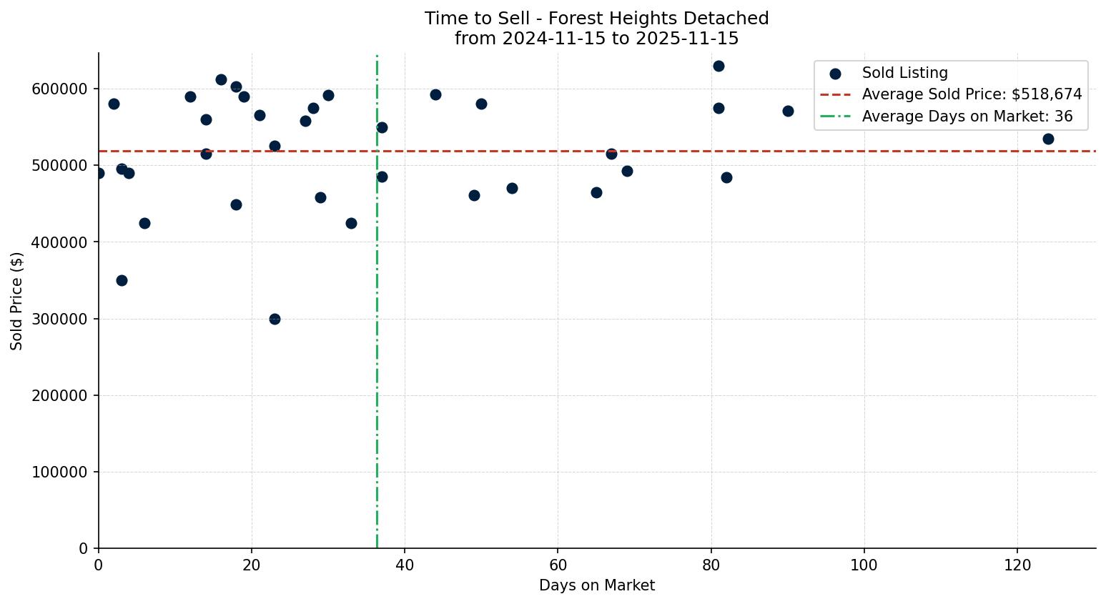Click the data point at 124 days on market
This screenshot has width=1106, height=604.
(1048, 139)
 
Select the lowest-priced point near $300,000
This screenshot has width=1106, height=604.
(275, 319)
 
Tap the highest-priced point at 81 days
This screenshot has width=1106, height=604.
(719, 66)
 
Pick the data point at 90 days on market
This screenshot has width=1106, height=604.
(788, 111)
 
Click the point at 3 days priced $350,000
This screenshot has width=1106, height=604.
(122, 280)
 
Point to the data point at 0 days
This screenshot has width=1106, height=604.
(99, 173)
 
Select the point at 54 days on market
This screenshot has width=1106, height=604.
(512, 188)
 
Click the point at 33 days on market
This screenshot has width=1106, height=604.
(351, 223)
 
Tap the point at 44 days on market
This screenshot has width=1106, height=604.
(435, 94)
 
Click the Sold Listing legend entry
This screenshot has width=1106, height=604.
(904, 73)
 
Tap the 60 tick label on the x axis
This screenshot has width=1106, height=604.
(558, 565)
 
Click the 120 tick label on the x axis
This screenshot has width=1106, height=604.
(1017, 565)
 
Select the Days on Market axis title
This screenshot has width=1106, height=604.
(596, 585)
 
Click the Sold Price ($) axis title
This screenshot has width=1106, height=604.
(17, 301)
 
